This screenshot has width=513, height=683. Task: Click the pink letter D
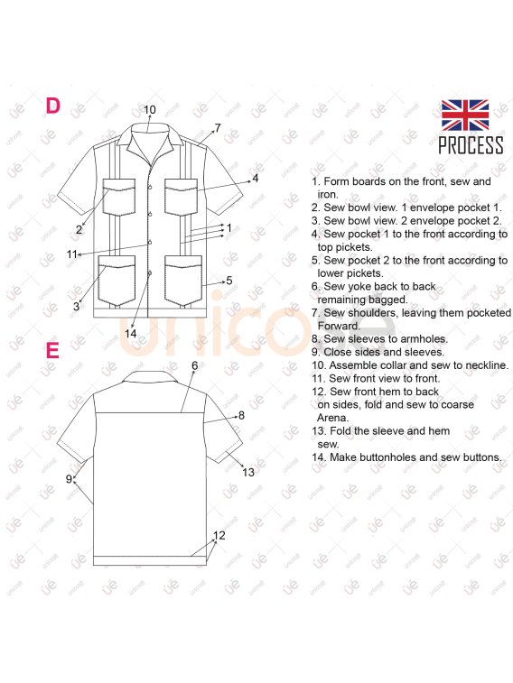[52, 106]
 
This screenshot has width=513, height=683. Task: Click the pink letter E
[52, 350]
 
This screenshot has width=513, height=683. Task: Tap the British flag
[464, 115]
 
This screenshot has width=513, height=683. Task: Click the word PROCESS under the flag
[471, 145]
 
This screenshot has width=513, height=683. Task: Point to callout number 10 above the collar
[150, 109]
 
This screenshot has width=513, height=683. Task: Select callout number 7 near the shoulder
[218, 127]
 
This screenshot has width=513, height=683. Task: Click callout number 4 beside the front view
[255, 178]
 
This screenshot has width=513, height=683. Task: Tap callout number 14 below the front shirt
[130, 333]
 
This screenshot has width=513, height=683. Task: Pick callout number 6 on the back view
[194, 365]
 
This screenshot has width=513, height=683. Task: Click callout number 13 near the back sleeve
[248, 472]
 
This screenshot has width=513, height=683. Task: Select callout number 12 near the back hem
[219, 535]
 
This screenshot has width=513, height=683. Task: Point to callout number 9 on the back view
[69, 479]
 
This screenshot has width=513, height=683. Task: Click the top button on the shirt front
[150, 187]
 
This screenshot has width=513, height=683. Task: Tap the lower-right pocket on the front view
[183, 280]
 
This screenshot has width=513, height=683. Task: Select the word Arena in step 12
[332, 418]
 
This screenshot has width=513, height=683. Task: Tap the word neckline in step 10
[487, 365]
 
